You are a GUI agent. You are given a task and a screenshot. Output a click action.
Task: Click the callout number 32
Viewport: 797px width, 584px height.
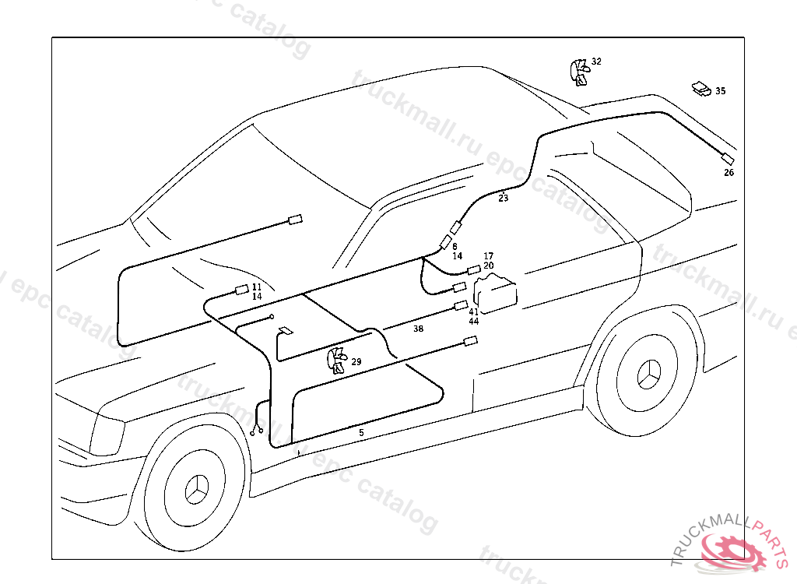coord(596,61)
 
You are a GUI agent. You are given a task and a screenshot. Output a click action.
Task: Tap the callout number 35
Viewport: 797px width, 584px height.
coord(721,91)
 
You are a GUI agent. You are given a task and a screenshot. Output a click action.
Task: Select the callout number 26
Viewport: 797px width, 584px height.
coord(729,173)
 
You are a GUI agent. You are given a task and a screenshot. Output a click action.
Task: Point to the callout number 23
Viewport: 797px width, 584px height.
coord(504,199)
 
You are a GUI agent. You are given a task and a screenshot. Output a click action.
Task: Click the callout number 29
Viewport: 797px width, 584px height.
coord(356,361)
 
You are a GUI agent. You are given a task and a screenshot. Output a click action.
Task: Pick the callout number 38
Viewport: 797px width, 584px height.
coord(419,329)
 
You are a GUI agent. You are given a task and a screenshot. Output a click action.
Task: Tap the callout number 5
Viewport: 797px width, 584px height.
coord(361,431)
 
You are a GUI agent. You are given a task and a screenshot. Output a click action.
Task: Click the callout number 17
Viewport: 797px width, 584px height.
coord(488,256)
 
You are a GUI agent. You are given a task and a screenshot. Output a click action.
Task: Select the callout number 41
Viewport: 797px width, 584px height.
coord(473,311)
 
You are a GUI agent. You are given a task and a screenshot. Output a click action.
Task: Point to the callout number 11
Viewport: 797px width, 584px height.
coord(257,287)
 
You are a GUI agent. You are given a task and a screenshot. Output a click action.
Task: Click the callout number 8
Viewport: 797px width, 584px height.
coord(455,246)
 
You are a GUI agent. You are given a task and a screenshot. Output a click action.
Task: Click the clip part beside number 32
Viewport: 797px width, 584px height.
coord(578,71)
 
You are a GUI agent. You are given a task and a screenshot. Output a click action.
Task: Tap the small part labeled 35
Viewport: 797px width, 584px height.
coord(701,89)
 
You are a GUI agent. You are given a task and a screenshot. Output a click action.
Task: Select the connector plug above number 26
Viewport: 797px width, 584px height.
coord(729,158)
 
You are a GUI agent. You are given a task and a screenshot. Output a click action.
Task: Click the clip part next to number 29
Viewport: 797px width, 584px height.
coord(338,361)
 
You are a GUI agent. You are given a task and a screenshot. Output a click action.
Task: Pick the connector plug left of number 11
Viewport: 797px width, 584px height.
coord(241,292)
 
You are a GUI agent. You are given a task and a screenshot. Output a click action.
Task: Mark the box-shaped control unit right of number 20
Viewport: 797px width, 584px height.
coord(497,295)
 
